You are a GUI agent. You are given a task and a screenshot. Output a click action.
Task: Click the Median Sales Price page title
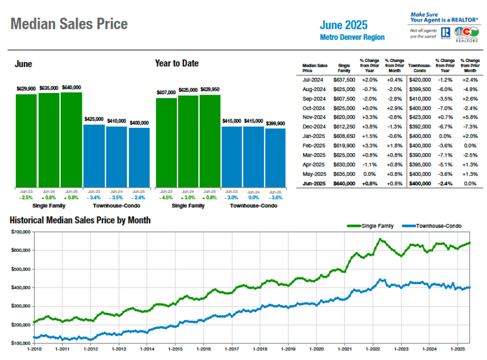pos(69,24)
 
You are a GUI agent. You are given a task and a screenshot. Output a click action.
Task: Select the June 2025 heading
pos(344,25)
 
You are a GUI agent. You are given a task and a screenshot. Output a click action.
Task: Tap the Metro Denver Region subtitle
pos(353,37)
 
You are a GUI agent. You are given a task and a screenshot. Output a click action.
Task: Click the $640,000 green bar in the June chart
pos(71,140)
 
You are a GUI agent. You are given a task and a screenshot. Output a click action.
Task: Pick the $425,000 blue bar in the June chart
pos(94,155)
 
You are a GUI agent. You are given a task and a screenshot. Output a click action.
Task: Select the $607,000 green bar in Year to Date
pos(166,143)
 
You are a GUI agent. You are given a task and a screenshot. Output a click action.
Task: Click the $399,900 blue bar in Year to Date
pos(275,158)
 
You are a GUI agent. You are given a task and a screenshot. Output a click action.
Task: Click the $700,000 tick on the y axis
pos(20,232)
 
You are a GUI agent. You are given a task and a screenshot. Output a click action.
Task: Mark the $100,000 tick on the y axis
pos(20,343)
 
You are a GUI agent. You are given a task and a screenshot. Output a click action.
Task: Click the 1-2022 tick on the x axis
pos(372,348)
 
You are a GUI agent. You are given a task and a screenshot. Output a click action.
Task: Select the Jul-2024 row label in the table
pos(312,79)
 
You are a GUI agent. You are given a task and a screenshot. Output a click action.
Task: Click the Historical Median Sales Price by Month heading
pos(79,220)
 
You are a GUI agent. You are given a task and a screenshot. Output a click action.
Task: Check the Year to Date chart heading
pos(176,63)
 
